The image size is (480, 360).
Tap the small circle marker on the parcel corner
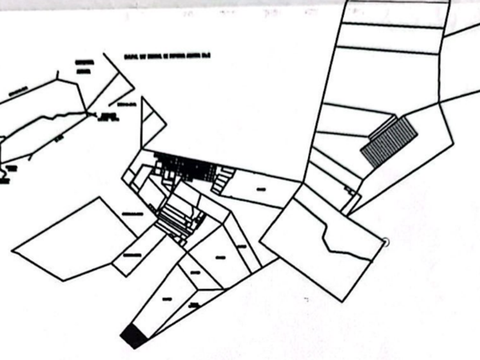pos(385,242)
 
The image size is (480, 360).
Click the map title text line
pos(167,57)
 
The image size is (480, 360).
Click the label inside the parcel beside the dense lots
pos(261,189)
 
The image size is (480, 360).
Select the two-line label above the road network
pos(82,65)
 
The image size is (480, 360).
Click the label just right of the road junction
pos(109,117)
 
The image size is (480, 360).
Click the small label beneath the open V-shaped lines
pos(125,105)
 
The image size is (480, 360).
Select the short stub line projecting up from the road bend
pos(57,75)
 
